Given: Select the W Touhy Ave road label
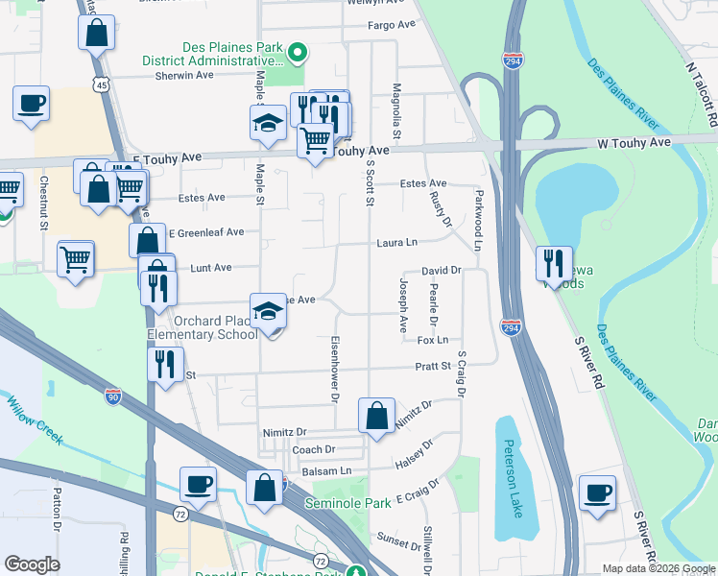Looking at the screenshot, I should tap(634, 142).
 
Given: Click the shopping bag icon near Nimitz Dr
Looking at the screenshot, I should tap(376, 417).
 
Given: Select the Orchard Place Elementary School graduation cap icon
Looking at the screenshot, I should tap(269, 311).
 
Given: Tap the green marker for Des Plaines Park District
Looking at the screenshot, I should tap(298, 52).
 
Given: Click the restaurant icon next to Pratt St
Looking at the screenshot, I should tap(165, 365).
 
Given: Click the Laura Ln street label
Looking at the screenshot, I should tap(397, 243).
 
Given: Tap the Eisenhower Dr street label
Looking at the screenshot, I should tap(335, 369).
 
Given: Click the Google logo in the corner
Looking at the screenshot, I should tap(33, 564).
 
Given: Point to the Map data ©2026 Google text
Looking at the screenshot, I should tap(658, 568).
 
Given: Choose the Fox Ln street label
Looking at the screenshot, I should tap(433, 340).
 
